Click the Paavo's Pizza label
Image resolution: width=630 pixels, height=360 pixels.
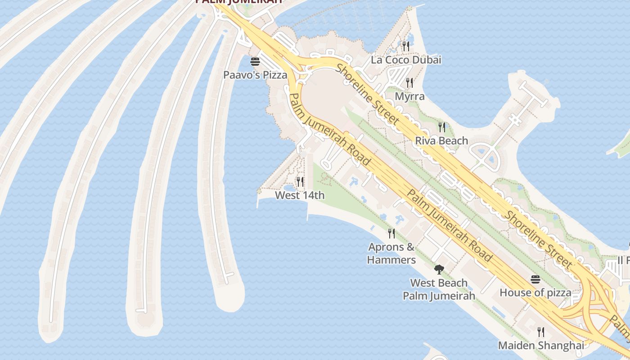[x=255, y=75]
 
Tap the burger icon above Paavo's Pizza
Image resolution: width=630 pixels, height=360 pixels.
[x=255, y=61]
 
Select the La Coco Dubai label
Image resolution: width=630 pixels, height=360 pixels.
[x=406, y=60]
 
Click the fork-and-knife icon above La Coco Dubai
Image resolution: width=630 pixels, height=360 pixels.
[x=406, y=45]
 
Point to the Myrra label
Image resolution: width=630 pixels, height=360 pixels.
[x=409, y=97]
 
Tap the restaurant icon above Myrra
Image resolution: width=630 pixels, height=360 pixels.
[x=409, y=83]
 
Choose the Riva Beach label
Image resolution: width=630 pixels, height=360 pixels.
[x=441, y=141]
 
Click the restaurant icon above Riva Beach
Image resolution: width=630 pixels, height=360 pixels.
[x=442, y=127]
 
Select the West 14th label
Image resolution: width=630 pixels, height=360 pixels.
[x=300, y=195]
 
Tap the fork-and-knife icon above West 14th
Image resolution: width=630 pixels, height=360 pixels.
[x=300, y=182]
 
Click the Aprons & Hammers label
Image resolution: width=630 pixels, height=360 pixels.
[x=391, y=253]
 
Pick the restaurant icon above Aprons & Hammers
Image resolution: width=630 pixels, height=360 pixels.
[x=391, y=233]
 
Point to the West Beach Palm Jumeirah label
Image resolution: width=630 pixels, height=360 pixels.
[x=439, y=289]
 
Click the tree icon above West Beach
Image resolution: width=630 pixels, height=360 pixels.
[x=439, y=270]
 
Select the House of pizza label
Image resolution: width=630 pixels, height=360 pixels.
[x=535, y=293]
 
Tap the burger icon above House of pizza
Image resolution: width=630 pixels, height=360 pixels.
[x=535, y=279]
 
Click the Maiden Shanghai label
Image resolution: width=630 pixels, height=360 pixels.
[x=541, y=346]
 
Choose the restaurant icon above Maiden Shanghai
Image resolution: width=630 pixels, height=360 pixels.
[x=541, y=332]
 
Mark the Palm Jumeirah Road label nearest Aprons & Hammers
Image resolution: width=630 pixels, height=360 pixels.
[x=449, y=225]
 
